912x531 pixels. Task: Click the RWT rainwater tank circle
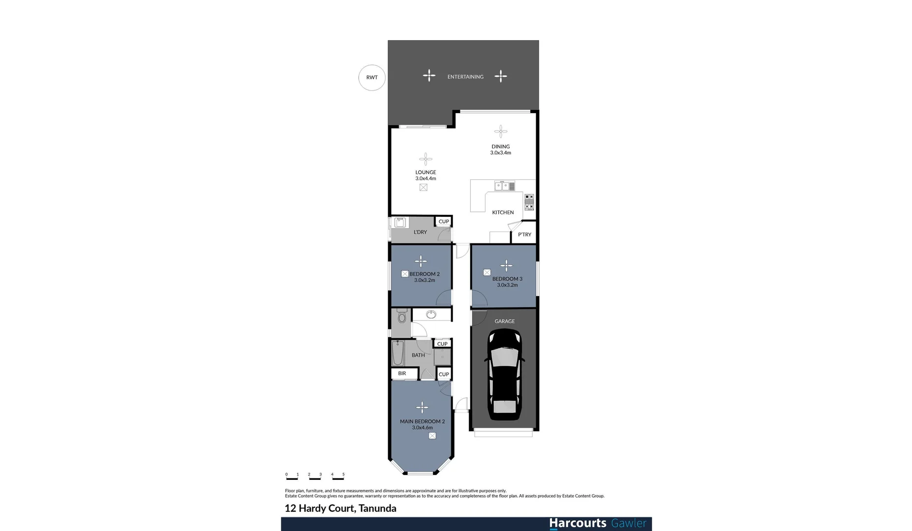pos(372,78)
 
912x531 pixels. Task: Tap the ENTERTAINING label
pos(465,77)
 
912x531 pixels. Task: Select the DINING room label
pos(500,147)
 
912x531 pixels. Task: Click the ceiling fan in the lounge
pos(426,159)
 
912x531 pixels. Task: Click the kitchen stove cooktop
pos(529,202)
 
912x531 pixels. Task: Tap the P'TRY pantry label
pos(524,235)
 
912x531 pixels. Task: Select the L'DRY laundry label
pos(420,232)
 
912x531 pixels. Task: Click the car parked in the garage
pos(504,375)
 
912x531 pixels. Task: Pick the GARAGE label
pos(505,322)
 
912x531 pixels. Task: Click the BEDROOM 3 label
pos(507,279)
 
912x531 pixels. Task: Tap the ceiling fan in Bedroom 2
pos(421,261)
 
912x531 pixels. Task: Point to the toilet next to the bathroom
pos(401,316)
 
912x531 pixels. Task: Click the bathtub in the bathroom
pos(398,353)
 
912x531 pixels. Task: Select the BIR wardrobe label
pos(402,374)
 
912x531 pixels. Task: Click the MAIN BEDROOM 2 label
pos(422,421)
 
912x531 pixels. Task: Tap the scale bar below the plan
pos(315,476)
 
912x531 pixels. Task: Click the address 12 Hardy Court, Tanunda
pos(340,508)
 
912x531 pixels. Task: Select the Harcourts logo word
pos(578,523)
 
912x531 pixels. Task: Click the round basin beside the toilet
pos(431,315)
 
